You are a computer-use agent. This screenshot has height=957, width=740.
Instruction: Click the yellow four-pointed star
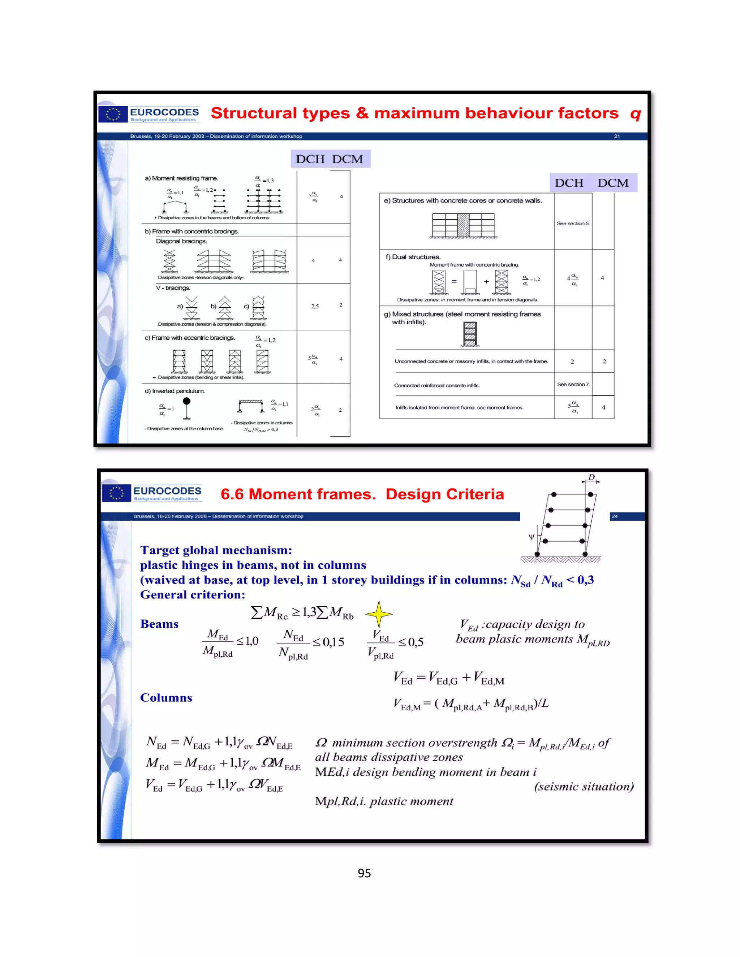[378, 614]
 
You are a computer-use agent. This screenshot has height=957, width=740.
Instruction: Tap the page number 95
[364, 873]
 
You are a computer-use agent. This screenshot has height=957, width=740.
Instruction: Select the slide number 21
[617, 136]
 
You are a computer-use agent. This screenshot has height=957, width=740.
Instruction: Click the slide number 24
[615, 516]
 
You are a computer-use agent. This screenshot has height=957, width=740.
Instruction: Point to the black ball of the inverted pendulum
[187, 401]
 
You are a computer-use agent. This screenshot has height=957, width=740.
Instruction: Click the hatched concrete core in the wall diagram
[463, 225]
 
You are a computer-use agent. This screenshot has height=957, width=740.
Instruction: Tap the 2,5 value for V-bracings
[315, 306]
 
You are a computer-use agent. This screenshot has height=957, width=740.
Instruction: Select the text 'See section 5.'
[573, 224]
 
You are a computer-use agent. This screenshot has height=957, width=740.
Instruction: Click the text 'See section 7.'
[573, 384]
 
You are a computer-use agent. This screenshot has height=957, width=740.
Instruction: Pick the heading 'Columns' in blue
[166, 698]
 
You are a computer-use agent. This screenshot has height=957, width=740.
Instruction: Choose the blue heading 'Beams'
[159, 624]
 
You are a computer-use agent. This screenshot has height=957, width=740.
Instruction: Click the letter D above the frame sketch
[591, 477]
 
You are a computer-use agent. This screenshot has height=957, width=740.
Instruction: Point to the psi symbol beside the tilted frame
[531, 536]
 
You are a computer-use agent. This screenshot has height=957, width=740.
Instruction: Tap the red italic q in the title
[635, 114]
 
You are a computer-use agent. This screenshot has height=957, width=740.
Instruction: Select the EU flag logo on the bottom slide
[116, 493]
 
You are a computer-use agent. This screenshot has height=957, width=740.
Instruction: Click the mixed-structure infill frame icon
[470, 334]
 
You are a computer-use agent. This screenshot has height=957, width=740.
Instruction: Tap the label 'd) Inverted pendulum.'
[175, 391]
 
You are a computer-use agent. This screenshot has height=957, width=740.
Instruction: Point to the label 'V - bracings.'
[173, 288]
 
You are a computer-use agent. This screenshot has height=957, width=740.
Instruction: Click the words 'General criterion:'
[193, 595]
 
